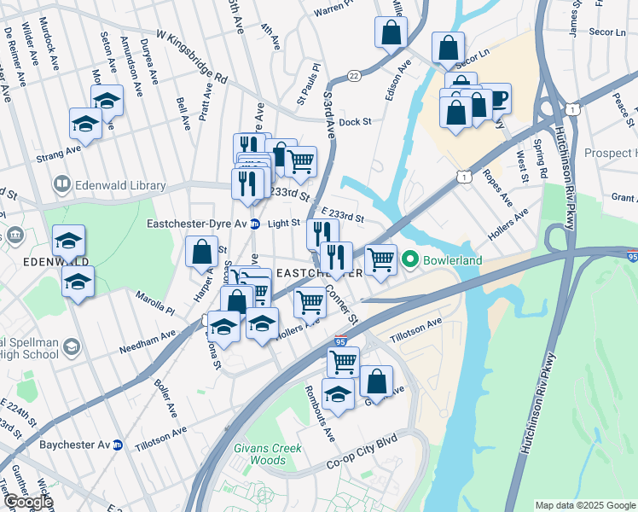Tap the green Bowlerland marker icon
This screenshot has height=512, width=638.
point(410,259)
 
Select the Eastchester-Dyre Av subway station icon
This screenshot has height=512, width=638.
point(254,224)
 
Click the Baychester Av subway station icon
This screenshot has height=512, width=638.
point(119,445)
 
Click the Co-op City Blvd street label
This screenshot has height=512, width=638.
point(363,465)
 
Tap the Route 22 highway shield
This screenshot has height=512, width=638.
point(353,76)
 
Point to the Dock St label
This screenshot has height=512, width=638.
point(355,122)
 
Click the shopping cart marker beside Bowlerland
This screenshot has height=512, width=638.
point(381,258)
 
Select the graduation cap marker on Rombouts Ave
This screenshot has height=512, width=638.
point(338,393)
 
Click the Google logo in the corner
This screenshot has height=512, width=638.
point(27,502)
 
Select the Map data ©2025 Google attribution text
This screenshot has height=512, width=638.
point(585,505)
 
